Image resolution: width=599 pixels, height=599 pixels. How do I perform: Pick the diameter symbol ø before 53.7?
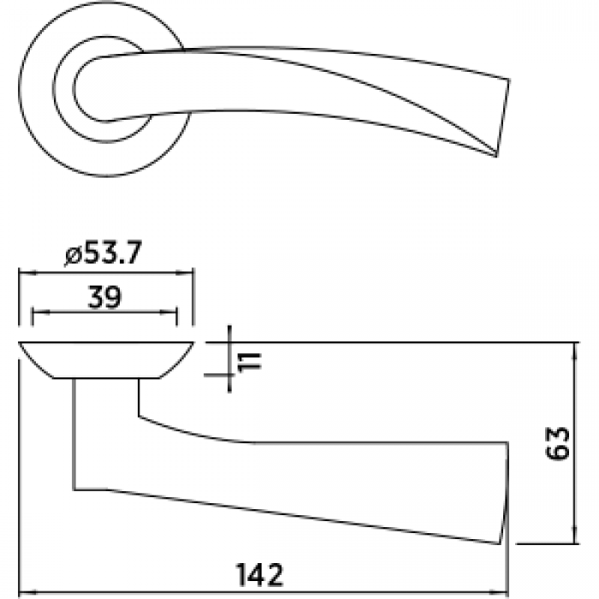tap(72, 255)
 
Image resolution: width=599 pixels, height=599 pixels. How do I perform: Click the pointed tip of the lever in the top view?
tap(495, 156)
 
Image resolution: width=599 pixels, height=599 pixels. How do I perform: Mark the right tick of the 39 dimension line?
tap(178, 316)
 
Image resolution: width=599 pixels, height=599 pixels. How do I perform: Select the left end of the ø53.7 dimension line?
tap(20, 273)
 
